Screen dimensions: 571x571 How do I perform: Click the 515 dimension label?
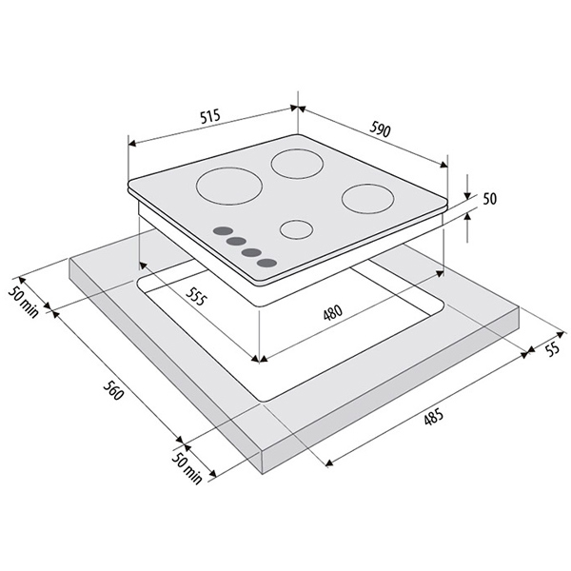tap(210, 116)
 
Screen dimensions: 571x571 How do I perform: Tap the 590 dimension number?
tap(380, 129)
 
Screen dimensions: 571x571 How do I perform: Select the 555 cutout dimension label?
tap(196, 296)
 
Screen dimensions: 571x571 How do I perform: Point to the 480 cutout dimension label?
tap(333, 313)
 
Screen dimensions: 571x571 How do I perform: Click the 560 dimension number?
tap(113, 389)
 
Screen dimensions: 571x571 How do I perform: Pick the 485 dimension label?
tap(433, 418)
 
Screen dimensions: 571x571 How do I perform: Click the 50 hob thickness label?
tap(489, 199)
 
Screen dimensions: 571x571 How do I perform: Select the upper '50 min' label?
tap(23, 303)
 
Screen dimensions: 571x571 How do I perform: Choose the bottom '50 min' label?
tap(187, 468)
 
